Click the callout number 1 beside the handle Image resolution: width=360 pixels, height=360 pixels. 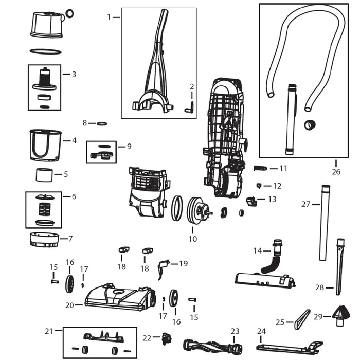[109, 17]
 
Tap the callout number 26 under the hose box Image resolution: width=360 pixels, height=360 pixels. [336, 172]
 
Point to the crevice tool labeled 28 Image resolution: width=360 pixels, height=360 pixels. [339, 267]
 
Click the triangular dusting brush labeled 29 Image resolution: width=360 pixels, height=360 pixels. [340, 316]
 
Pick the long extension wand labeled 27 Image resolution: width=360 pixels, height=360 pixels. [324, 222]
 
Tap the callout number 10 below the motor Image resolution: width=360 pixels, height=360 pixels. [193, 239]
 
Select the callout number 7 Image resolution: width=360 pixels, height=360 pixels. [70, 238]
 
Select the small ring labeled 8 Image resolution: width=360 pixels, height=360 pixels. [102, 123]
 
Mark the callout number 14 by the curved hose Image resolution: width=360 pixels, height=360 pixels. [258, 250]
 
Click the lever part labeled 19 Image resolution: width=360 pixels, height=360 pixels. [164, 266]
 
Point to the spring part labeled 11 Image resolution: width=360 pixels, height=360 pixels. [261, 168]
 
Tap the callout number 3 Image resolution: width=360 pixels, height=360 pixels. [74, 74]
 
